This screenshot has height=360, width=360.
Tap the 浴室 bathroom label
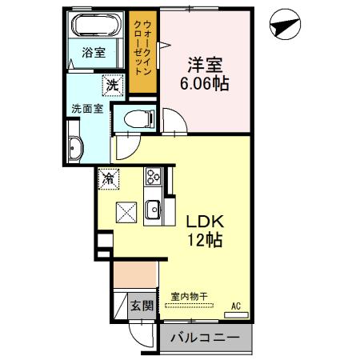(94, 53)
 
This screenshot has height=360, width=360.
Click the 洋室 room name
(204, 62)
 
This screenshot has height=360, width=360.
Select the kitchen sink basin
(154, 211)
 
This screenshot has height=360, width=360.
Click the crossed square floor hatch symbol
(127, 212)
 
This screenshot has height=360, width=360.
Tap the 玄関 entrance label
(142, 305)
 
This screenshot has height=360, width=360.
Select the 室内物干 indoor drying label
(187, 294)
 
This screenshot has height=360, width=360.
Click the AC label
(236, 305)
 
